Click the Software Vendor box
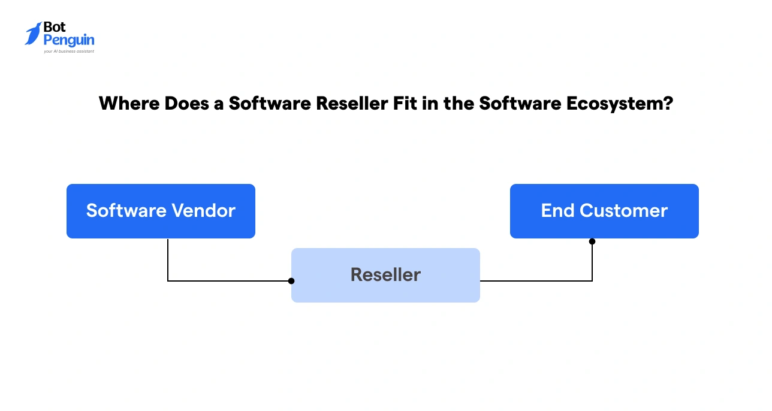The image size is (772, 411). tap(161, 211)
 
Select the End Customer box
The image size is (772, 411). tap(604, 211)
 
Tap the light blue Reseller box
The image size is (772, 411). tap(385, 275)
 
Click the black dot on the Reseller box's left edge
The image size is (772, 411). tap(291, 280)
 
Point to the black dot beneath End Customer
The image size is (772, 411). tap(592, 241)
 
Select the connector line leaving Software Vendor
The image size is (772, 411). tap(168, 264)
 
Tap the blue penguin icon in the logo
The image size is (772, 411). tap(33, 34)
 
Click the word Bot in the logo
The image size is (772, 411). tap(55, 28)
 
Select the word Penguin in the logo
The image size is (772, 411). tap(69, 41)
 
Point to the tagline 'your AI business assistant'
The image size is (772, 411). tap(68, 52)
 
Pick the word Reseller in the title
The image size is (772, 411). tap(342, 104)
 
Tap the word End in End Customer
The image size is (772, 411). tap(557, 211)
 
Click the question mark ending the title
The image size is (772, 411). tap(668, 104)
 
